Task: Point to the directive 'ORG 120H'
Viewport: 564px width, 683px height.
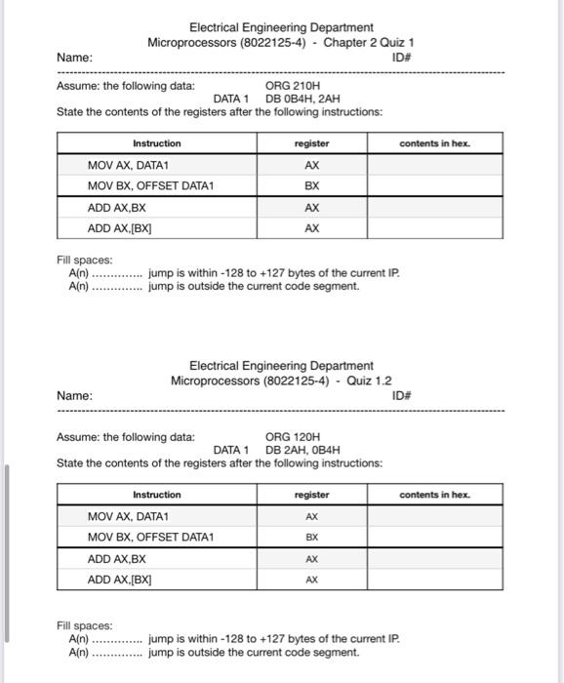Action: coord(292,436)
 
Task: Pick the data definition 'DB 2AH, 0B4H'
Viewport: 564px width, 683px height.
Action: coord(302,450)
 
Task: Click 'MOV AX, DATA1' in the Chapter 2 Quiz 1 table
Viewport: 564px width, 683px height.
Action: coord(129,165)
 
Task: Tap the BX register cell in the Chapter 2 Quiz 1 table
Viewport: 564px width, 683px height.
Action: coord(311,185)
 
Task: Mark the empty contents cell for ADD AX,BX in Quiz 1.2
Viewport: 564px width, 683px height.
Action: coord(434,558)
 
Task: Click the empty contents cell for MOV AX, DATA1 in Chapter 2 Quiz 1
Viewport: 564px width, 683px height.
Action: coord(434,165)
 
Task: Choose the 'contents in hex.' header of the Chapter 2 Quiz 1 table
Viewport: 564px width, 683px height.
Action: coord(434,143)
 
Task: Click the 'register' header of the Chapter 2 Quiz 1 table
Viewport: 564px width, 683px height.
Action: coord(311,143)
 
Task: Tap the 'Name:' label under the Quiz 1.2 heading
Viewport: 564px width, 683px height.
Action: coord(75,396)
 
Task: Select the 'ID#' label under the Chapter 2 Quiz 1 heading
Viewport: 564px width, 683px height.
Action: coord(401,58)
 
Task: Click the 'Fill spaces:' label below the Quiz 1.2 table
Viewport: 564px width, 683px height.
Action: coord(85,625)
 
